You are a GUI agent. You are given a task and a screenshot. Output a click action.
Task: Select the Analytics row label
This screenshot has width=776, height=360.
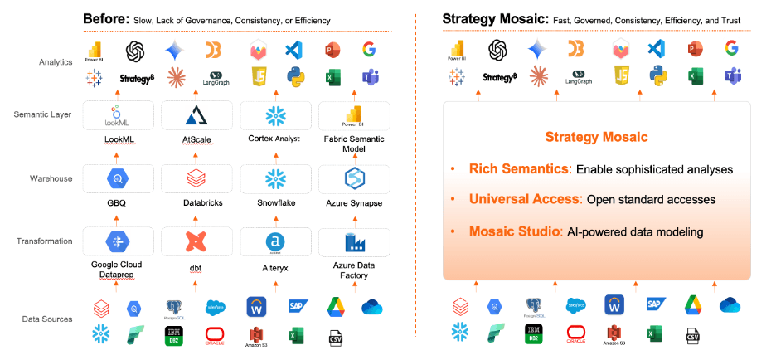tap(56, 62)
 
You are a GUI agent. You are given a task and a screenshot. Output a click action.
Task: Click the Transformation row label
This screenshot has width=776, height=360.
tap(45, 241)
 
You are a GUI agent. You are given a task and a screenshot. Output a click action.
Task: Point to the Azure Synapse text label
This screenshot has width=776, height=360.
tap(354, 202)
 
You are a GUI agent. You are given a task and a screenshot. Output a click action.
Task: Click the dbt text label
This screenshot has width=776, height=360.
tap(197, 266)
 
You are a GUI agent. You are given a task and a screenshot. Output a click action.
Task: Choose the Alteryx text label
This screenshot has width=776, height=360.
tap(275, 266)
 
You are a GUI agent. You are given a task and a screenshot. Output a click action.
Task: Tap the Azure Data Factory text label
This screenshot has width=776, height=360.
tap(354, 270)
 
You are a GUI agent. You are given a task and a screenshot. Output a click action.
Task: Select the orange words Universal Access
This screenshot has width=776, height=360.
tap(525, 199)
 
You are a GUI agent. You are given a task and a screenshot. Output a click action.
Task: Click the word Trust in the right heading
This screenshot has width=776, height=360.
tap(740, 18)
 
